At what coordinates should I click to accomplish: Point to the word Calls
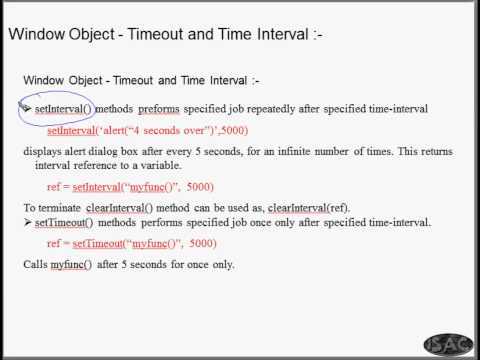coord(35,265)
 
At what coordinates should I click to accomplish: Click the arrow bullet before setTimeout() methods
coord(27,221)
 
